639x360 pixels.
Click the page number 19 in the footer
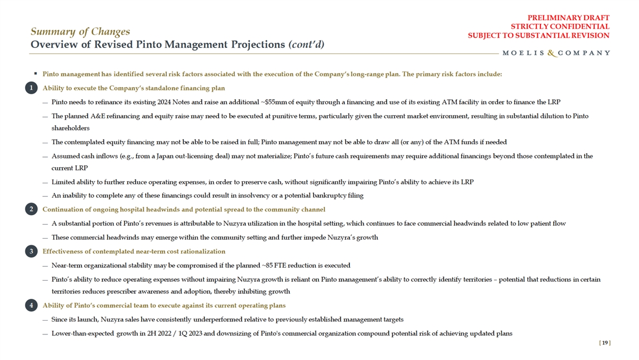(x=604, y=343)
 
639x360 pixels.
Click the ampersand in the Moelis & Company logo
(x=553, y=53)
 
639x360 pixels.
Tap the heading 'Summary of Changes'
(x=80, y=31)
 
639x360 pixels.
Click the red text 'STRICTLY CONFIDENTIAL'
(x=560, y=27)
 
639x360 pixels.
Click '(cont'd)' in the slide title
(x=306, y=44)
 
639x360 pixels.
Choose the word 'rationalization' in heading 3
(x=202, y=251)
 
